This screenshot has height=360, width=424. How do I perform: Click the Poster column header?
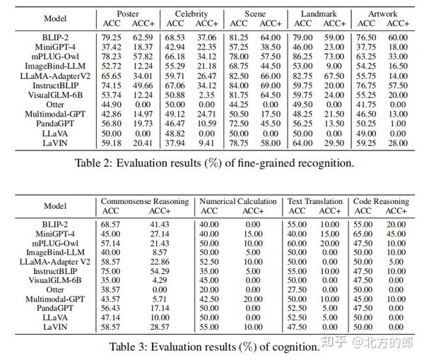[128, 13]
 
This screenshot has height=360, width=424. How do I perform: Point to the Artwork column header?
[382, 13]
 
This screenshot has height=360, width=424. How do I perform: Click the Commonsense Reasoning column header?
[145, 201]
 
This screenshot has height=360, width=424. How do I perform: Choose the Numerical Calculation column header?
[238, 201]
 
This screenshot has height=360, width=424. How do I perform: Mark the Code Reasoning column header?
[381, 201]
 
